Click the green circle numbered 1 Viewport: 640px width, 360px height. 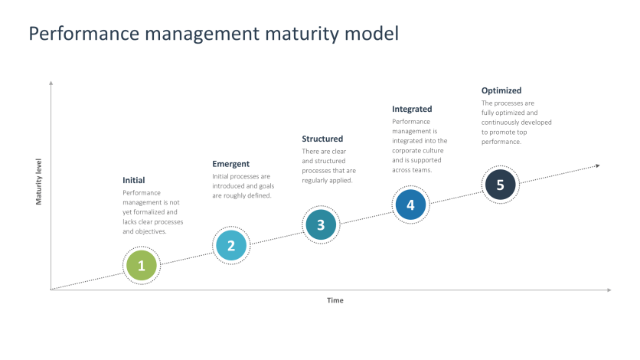pos(142,266)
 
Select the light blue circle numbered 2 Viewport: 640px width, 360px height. pos(230,245)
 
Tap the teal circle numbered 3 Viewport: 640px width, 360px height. pos(321,225)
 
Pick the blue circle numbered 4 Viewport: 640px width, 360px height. pos(410,205)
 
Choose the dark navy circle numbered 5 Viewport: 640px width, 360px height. pos(500,185)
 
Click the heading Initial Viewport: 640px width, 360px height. pos(134,180)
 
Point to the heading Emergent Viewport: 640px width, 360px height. pos(230,163)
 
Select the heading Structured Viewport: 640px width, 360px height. pos(322,139)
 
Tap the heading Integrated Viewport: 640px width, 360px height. pos(412,109)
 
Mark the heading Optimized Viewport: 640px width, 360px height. pos(501,90)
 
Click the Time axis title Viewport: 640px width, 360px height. pos(335,300)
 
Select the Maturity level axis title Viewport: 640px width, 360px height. pos(38,182)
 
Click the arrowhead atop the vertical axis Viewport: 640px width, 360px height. pos(51,82)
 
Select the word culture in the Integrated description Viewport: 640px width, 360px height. pos(433,151)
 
